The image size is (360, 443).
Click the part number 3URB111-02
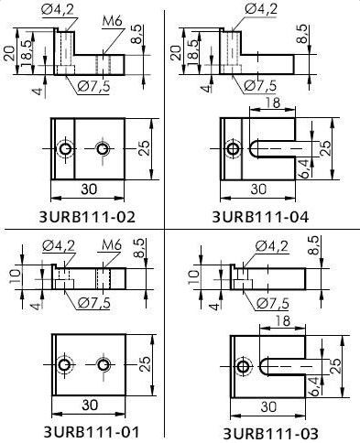tap(87, 217)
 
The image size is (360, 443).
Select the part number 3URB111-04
tap(260, 217)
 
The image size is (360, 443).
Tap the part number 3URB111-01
tap(92, 432)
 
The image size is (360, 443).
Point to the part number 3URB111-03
tap(271, 434)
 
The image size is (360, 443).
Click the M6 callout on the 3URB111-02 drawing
tap(113, 21)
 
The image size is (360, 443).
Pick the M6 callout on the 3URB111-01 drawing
tap(112, 245)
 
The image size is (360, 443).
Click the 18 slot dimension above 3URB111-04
tap(273, 103)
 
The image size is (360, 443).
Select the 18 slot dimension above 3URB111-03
tap(282, 321)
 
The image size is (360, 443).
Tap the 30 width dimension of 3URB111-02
tap(89, 189)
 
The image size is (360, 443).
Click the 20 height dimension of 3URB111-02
tap(9, 53)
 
